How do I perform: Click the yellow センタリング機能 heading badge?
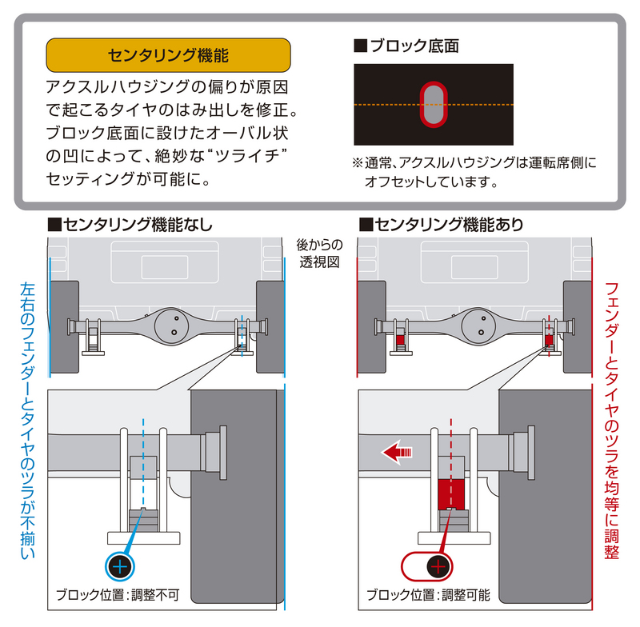(168, 55)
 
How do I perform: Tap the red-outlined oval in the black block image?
(433, 104)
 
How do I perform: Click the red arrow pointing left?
(397, 453)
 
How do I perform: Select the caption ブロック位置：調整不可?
(118, 596)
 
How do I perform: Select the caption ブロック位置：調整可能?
(428, 596)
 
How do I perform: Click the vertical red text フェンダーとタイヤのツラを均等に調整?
(612, 420)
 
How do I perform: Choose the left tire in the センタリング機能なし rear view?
(64, 327)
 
